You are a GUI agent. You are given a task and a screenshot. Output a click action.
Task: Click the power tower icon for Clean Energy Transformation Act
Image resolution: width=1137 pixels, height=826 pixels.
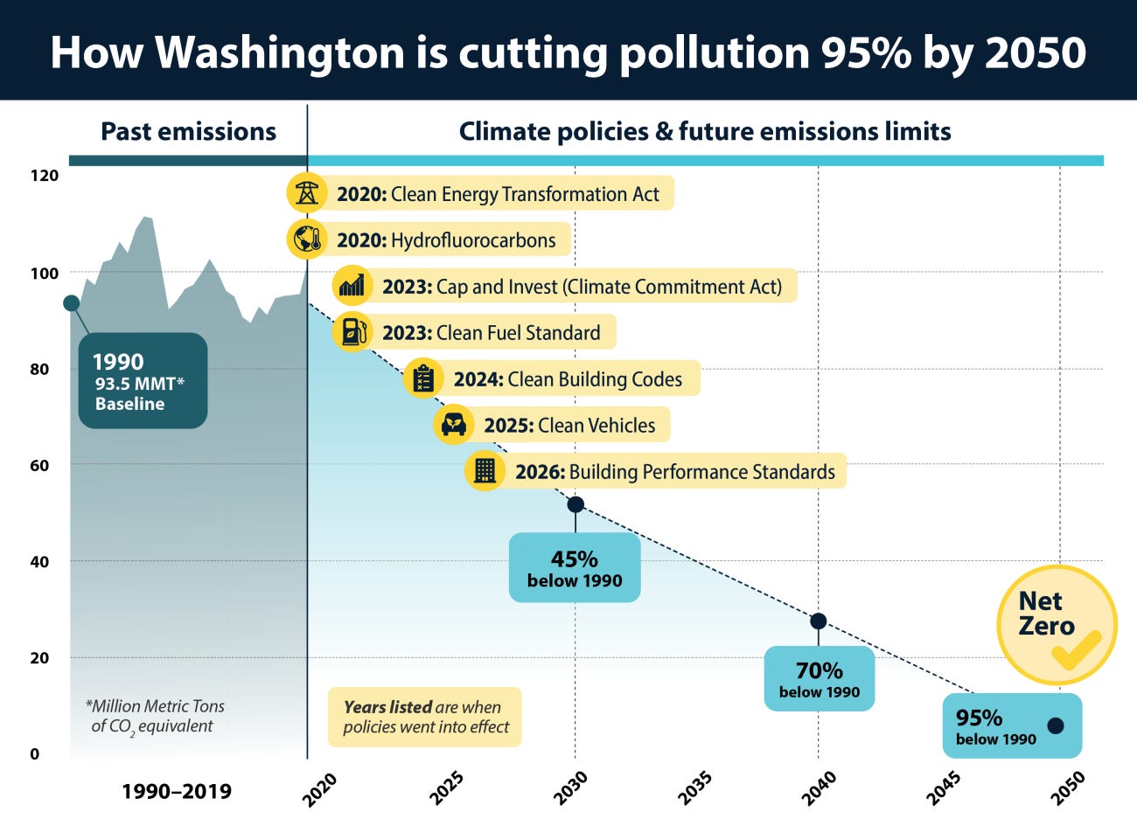tap(307, 193)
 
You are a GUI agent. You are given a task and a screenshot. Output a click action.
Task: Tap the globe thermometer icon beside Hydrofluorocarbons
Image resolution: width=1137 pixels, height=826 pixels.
tap(307, 239)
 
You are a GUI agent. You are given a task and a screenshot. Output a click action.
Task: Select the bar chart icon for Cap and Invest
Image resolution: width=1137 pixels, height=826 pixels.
tap(352, 285)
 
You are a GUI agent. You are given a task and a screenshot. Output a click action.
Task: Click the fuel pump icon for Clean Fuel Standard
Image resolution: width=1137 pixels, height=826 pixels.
tap(352, 331)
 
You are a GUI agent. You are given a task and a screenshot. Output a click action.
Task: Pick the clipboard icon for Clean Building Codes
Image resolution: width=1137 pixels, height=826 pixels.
tap(423, 378)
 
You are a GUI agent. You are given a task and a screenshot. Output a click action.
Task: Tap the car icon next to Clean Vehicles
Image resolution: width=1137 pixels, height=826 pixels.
tap(453, 425)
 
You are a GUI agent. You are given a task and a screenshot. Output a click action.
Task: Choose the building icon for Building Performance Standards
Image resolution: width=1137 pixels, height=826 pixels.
tap(485, 471)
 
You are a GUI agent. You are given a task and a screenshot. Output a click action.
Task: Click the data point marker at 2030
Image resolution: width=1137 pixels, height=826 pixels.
tap(575, 504)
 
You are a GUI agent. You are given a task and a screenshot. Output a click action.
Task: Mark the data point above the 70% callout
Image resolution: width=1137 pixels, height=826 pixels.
tap(819, 621)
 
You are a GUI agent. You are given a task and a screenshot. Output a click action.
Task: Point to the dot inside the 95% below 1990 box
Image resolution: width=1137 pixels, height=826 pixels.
tap(1056, 725)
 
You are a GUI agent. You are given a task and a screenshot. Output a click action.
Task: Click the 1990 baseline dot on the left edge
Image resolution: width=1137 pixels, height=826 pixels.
tap(72, 303)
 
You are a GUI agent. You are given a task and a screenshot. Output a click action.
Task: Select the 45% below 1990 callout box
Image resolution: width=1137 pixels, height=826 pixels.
tap(575, 568)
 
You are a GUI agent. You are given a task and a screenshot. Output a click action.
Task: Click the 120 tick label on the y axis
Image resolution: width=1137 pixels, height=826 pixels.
tap(45, 176)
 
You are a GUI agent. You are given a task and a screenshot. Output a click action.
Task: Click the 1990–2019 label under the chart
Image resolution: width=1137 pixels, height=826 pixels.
tap(177, 792)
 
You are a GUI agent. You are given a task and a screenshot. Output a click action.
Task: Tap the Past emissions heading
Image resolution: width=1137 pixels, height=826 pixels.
tap(188, 131)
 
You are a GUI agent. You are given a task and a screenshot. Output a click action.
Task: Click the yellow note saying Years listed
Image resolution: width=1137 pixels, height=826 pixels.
tap(425, 717)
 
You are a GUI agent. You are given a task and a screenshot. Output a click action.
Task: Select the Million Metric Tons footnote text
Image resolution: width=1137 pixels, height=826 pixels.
tap(155, 716)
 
